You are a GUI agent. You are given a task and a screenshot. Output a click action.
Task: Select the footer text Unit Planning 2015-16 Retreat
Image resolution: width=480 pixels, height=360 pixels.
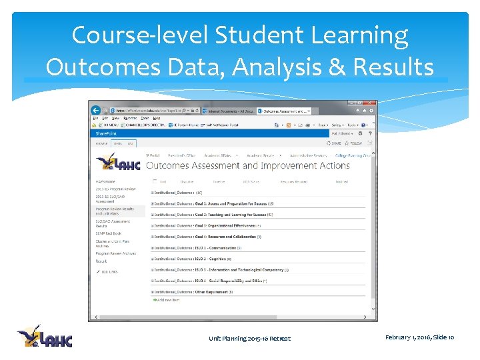point(249,339)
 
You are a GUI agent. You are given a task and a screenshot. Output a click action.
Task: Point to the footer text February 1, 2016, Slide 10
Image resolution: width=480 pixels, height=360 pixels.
point(419,338)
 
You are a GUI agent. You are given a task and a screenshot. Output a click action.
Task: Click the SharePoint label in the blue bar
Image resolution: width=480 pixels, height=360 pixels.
point(106,133)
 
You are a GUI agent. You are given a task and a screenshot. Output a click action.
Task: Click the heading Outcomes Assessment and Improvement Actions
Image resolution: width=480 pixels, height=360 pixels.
point(247,165)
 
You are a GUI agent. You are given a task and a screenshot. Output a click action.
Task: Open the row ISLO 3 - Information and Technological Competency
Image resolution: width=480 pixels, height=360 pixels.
point(221,270)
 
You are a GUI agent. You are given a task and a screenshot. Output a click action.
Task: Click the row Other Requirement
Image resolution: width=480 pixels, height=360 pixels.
point(193,292)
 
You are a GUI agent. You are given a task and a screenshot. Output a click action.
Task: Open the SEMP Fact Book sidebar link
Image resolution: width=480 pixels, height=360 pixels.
point(109,233)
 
